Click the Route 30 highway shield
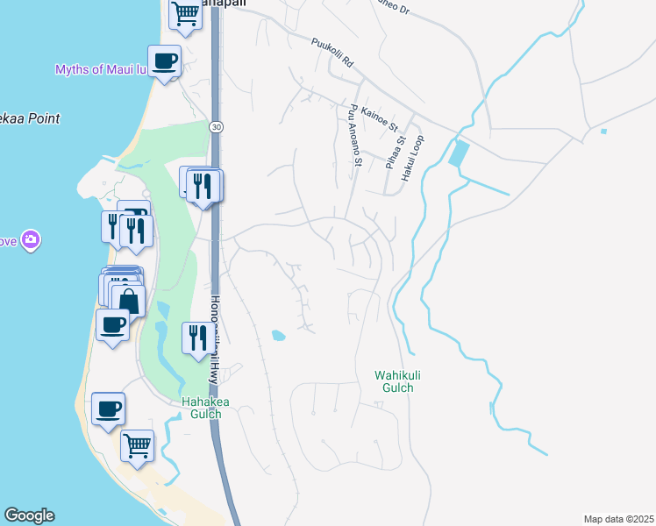(215, 127)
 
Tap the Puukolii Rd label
(332, 53)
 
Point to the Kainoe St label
(380, 115)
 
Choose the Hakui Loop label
(412, 158)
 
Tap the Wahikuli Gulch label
(394, 380)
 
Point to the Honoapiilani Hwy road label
(213, 338)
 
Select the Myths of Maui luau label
(97, 69)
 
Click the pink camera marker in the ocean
(32, 239)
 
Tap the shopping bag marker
(128, 300)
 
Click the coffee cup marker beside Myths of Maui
(164, 61)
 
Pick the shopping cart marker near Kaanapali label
(186, 13)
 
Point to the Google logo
(29, 515)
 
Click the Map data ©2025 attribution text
(618, 519)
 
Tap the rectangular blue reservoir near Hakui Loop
(457, 155)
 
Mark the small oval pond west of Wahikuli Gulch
(278, 335)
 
